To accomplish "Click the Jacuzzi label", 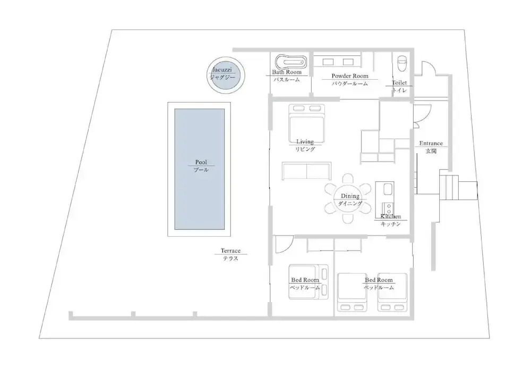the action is (x=222, y=70).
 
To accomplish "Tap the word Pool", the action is (x=201, y=162).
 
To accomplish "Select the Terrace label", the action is (x=230, y=250).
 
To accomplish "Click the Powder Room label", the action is (x=350, y=76).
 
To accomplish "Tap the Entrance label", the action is (x=431, y=144).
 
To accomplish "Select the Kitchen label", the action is (x=391, y=216).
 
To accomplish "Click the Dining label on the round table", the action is (x=350, y=196).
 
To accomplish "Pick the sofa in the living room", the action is (x=306, y=171).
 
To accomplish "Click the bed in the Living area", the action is (x=307, y=123).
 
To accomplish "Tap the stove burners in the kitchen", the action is (x=388, y=207).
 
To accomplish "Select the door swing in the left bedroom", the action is (x=284, y=244).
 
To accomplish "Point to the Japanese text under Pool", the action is (x=201, y=170).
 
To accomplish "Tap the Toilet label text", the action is (x=399, y=83).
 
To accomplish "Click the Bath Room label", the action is (x=287, y=72).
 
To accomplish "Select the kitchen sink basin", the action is (x=388, y=189).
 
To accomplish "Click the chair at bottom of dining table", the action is (x=347, y=219).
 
